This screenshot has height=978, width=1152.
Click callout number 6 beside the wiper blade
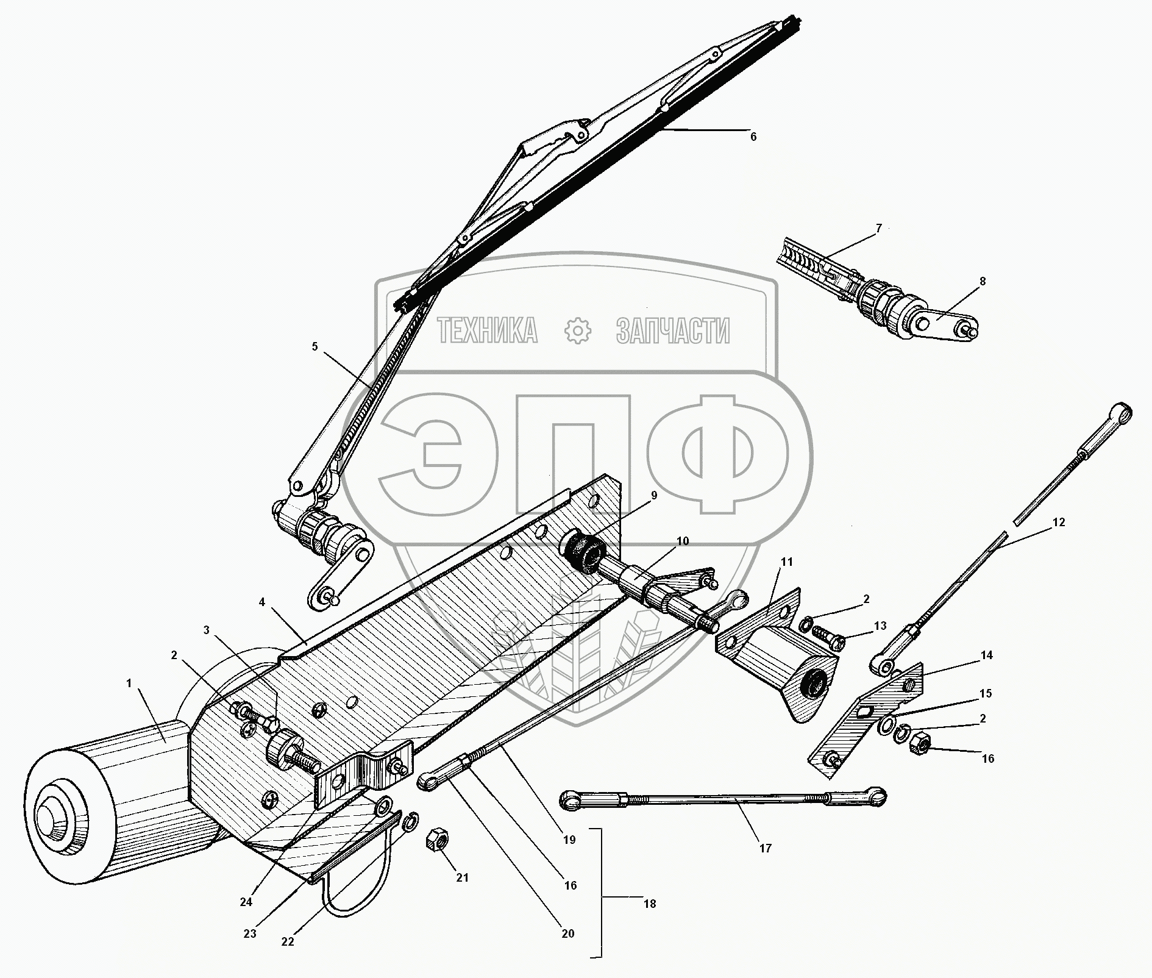coord(753,137)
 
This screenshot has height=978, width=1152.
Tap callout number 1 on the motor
coord(129,684)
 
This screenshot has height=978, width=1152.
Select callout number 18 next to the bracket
coord(650,903)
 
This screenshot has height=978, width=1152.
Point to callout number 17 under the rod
coord(766,848)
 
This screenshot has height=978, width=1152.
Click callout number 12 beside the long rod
coord(1059,522)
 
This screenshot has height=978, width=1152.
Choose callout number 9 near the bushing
coord(654,496)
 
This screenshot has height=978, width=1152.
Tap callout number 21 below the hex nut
coord(463,877)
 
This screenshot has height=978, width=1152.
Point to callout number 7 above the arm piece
coord(878,229)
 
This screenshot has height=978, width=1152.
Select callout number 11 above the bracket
coord(787,562)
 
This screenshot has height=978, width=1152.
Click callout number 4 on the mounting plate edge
coord(261,602)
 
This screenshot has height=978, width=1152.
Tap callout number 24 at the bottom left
coord(246,902)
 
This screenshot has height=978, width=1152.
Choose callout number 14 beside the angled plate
coord(987,655)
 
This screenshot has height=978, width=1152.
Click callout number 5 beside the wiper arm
coord(315,346)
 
